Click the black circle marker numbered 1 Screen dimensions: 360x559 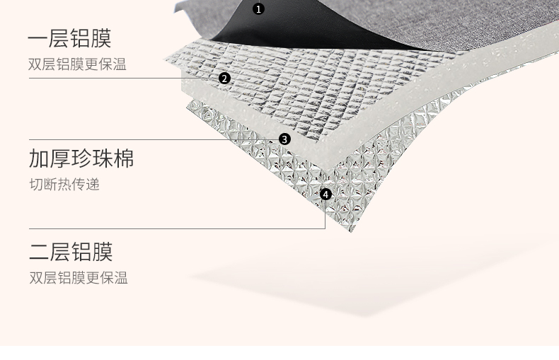pos(258,9)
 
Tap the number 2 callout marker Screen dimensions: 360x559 pos(224,79)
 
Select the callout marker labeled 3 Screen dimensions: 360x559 pos(284,139)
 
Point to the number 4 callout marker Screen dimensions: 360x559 pos(325,194)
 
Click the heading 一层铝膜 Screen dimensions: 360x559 pos(70,38)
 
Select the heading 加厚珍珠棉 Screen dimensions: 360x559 pos(81,158)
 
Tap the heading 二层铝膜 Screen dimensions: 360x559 pos(71,252)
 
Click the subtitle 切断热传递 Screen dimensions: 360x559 pos(64,185)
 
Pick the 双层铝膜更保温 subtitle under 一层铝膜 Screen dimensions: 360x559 pos(78,65)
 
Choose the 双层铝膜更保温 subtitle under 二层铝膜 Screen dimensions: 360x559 pos(78,277)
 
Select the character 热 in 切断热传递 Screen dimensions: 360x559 pos(64,185)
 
